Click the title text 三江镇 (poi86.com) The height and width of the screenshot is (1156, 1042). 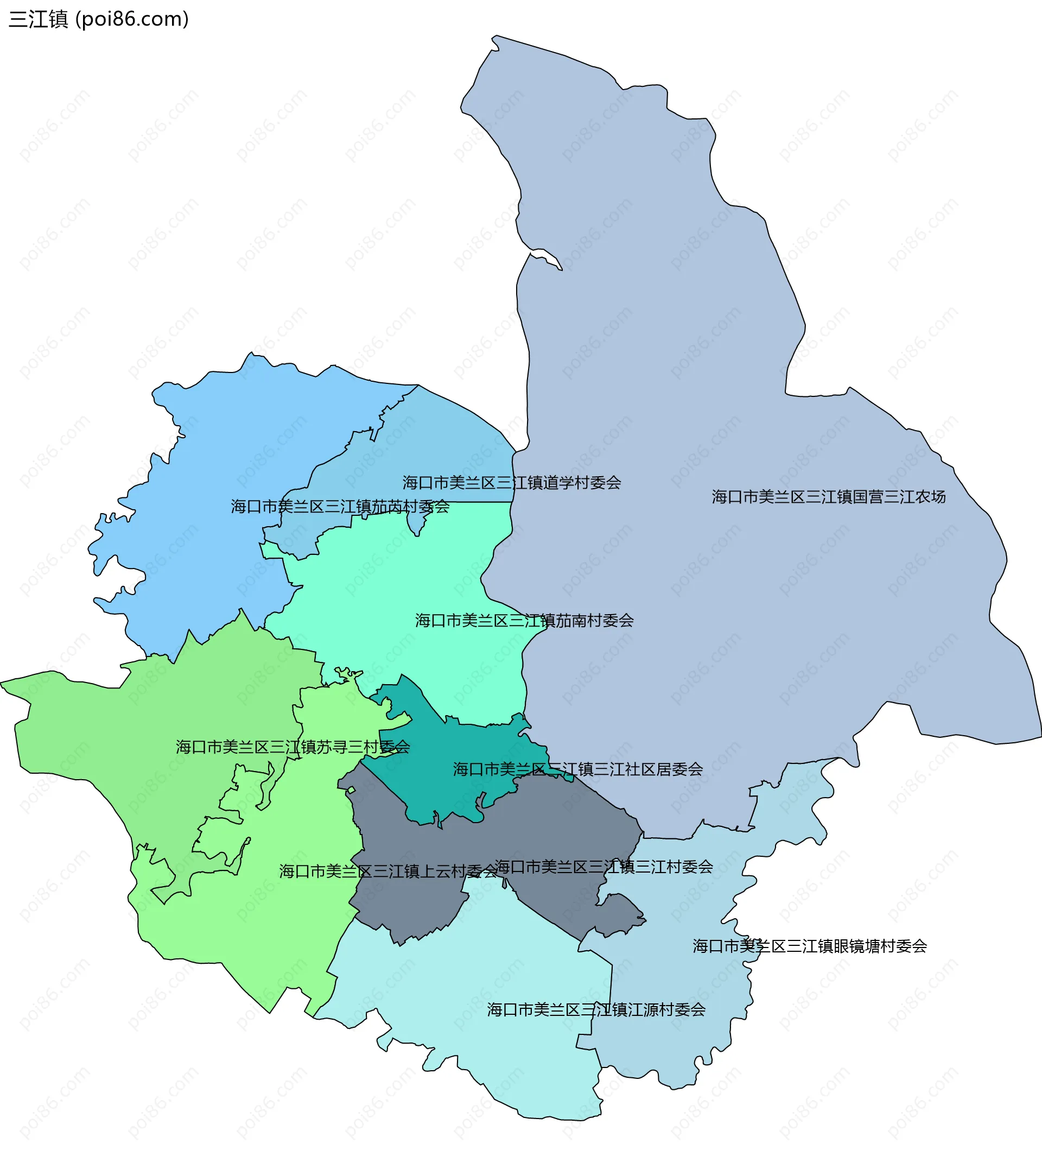98,20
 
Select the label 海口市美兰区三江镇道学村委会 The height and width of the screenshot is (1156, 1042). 511,482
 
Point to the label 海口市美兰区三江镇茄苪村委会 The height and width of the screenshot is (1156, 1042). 340,507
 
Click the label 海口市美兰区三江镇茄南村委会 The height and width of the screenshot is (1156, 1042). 524,621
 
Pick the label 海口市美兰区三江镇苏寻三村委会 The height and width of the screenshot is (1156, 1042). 293,747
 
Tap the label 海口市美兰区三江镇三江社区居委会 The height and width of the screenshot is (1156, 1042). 577,769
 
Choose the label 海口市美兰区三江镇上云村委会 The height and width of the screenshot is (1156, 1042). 388,871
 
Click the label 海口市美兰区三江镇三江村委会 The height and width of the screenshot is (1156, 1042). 603,867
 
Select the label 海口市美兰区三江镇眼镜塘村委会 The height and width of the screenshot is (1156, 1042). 810,946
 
